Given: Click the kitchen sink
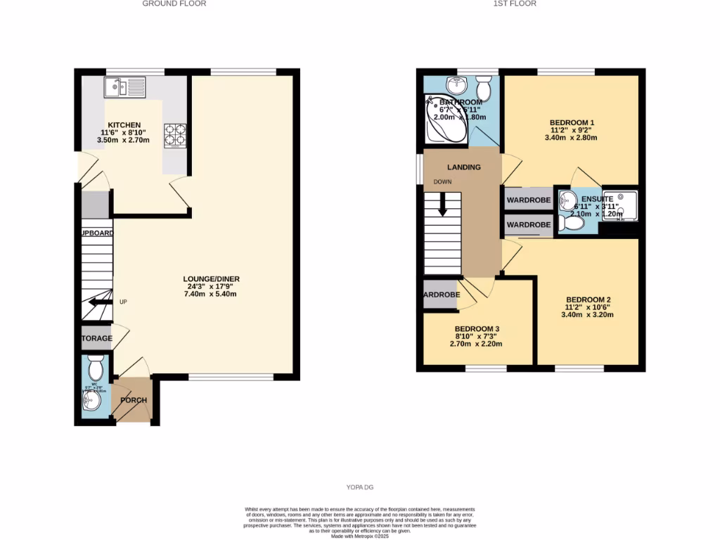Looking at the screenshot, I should [124, 87].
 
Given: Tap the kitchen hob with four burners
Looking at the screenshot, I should [175, 135].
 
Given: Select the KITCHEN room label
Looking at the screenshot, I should [124, 125].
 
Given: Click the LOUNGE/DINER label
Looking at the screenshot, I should [212, 279].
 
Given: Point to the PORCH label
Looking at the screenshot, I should [134, 401].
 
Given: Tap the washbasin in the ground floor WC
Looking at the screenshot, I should [91, 402].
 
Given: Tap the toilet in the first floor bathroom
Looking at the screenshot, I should [483, 89].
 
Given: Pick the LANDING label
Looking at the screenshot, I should [464, 167].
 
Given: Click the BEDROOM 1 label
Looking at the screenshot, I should [571, 122].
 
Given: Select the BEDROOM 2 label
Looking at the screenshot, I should [588, 300].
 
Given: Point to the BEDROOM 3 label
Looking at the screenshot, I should [477, 329].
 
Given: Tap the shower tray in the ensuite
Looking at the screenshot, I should [622, 205].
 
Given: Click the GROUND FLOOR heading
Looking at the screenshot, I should [174, 4].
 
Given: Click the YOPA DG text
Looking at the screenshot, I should [359, 487].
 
